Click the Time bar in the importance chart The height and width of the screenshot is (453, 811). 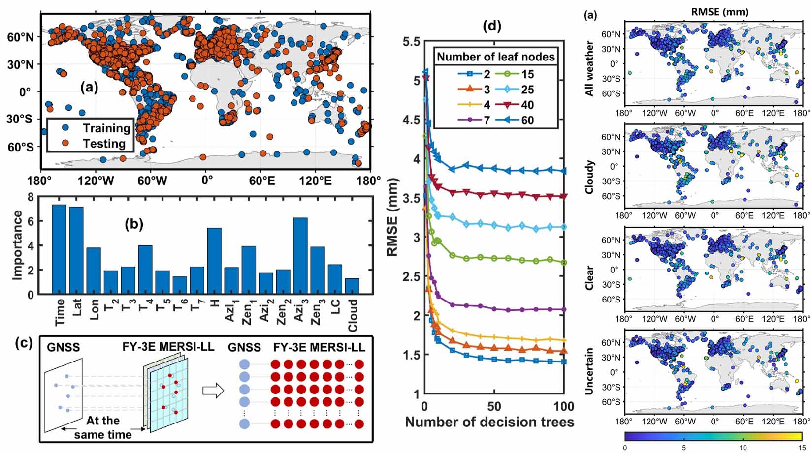59,249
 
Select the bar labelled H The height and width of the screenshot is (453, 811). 214,261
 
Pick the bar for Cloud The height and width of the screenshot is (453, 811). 352,286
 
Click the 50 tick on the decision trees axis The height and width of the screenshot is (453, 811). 494,406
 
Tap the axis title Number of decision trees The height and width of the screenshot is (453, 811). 489,422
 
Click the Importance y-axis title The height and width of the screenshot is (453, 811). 18,245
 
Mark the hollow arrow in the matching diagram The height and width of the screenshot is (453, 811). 213,391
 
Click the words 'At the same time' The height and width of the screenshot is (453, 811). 103,427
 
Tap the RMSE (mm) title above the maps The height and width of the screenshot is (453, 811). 719,12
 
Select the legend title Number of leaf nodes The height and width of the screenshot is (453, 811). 495,57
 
